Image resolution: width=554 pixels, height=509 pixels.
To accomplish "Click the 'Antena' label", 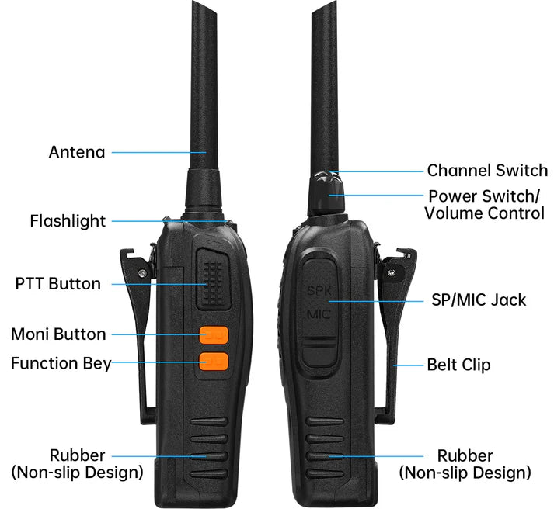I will (77, 152).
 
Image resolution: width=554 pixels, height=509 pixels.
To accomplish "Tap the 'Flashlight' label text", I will (68, 221).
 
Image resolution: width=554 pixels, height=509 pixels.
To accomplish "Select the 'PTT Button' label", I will (58, 284).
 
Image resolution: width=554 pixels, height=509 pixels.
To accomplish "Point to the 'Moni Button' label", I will (58, 334).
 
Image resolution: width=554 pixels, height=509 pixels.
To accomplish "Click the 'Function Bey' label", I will (61, 363).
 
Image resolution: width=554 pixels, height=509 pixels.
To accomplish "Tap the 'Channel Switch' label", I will (487, 171).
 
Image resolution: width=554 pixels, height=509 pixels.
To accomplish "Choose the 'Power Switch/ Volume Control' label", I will (485, 204).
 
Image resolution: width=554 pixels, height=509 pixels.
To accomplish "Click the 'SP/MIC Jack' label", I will (479, 300).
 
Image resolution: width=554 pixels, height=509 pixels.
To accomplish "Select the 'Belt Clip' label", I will (458, 365).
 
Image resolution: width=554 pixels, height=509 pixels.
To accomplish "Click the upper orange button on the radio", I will (213, 335).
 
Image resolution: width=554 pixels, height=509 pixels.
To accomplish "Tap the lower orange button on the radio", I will (213, 362).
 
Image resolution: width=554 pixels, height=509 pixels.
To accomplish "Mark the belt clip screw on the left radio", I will (143, 272).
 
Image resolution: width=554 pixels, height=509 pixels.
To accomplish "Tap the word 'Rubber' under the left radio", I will (77, 455).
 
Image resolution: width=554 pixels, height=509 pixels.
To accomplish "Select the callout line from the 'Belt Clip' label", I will (408, 365).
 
